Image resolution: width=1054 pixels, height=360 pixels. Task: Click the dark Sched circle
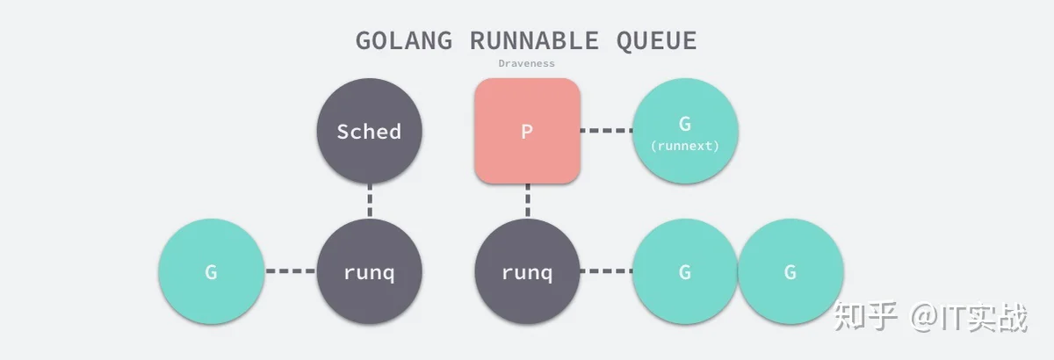point(370,131)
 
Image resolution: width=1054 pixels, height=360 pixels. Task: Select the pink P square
point(527,131)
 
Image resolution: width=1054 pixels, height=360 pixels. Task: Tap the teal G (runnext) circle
point(685,131)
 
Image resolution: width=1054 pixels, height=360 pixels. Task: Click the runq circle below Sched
point(370,271)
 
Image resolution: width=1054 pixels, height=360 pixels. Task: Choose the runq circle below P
point(527,271)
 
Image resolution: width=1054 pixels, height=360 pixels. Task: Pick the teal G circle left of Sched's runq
point(212,271)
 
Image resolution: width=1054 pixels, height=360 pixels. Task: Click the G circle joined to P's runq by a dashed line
point(685,271)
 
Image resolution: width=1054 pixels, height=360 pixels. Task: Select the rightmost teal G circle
point(790,271)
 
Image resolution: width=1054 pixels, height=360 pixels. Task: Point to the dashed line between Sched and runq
point(370,201)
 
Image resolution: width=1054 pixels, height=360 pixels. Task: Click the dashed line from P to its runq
point(528,201)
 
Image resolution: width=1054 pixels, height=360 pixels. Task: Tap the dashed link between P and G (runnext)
point(607,130)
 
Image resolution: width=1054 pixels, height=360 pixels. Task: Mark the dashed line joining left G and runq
point(291,271)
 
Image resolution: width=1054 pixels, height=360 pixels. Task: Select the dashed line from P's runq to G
point(607,271)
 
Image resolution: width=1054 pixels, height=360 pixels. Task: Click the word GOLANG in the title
point(404,40)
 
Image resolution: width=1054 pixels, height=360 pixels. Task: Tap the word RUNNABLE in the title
point(535,40)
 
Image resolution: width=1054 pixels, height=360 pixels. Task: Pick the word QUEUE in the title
point(656,41)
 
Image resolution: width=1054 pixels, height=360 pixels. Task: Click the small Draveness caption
point(526,63)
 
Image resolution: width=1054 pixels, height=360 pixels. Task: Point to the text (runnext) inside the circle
point(685,146)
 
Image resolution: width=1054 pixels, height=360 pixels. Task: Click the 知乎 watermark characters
point(865,316)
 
